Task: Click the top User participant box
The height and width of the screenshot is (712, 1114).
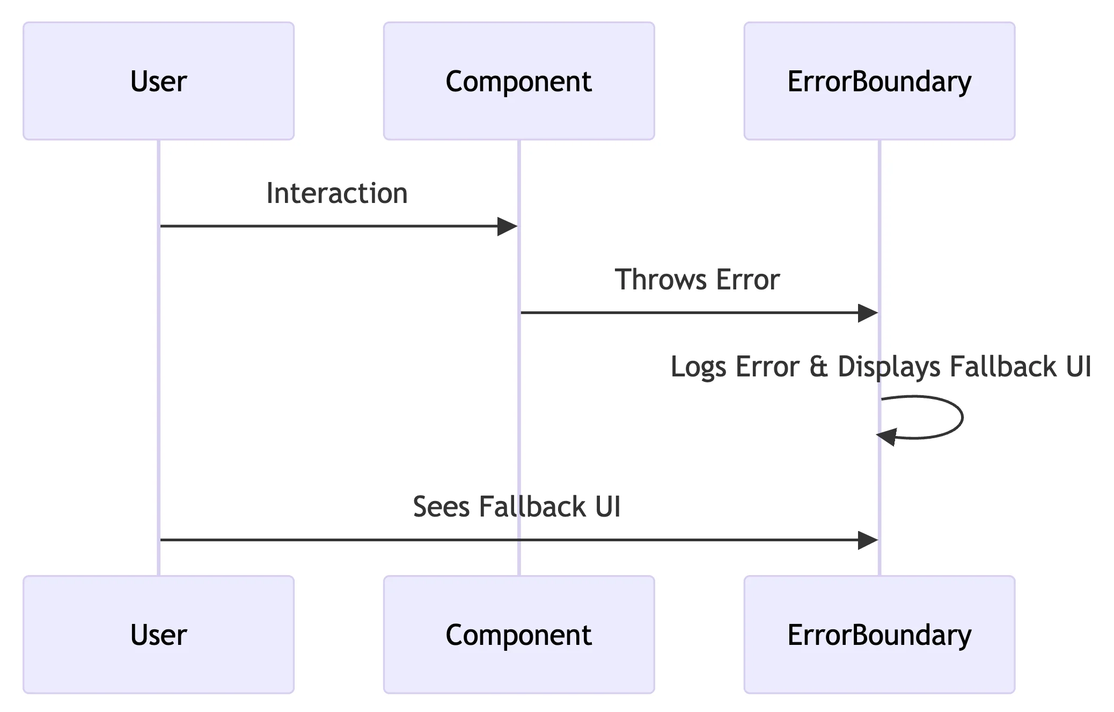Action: pyautogui.click(x=158, y=81)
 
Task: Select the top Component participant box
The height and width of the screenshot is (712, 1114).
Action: pyautogui.click(x=518, y=81)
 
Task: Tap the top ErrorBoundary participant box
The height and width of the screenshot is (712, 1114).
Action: pyautogui.click(x=879, y=81)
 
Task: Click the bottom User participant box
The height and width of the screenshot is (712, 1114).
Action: pyautogui.click(x=158, y=635)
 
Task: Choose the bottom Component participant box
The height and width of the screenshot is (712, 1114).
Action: pyautogui.click(x=518, y=635)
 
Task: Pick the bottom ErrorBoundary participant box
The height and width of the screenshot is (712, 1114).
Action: pyautogui.click(x=879, y=635)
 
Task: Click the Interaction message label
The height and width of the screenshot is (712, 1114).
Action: pyautogui.click(x=337, y=193)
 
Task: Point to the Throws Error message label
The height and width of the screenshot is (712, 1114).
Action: pyautogui.click(x=697, y=280)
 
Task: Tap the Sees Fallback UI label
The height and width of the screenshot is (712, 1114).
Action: pyautogui.click(x=516, y=507)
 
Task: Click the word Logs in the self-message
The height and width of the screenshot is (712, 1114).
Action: pyautogui.click(x=699, y=367)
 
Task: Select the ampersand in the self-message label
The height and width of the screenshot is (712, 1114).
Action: pyautogui.click(x=818, y=367)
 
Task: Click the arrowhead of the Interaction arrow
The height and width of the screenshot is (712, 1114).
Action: pyautogui.click(x=507, y=227)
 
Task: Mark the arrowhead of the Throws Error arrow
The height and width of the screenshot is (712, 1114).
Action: pyautogui.click(x=867, y=313)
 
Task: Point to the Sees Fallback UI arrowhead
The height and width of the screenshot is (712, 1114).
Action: pyautogui.click(x=867, y=540)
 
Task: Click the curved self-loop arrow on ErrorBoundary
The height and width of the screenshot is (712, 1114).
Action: pyautogui.click(x=962, y=417)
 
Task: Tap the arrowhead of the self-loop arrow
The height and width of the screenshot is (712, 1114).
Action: pyautogui.click(x=887, y=437)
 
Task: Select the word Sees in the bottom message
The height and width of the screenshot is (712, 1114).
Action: pyautogui.click(x=441, y=507)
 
